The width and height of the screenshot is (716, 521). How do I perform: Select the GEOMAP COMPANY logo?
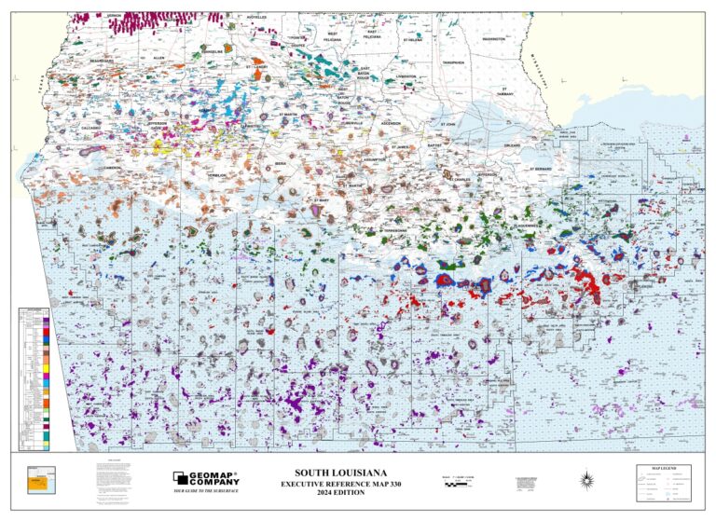click(206, 477)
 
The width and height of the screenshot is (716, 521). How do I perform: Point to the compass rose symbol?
click(585, 480)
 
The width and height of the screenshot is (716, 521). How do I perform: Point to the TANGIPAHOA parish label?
click(453, 62)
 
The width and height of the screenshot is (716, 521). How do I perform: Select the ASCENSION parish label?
click(390, 123)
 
